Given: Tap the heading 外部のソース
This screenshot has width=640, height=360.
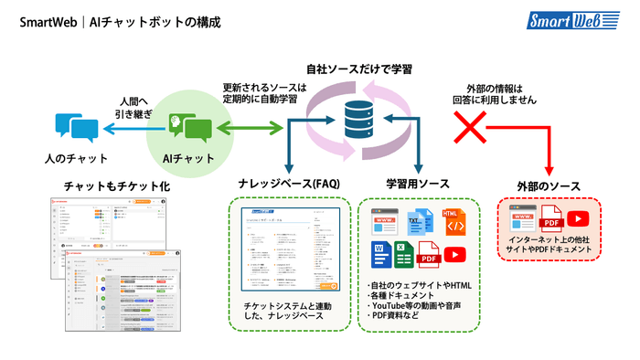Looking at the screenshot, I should click(x=549, y=186).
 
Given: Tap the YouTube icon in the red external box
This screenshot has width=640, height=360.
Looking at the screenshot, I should click(x=578, y=218).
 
